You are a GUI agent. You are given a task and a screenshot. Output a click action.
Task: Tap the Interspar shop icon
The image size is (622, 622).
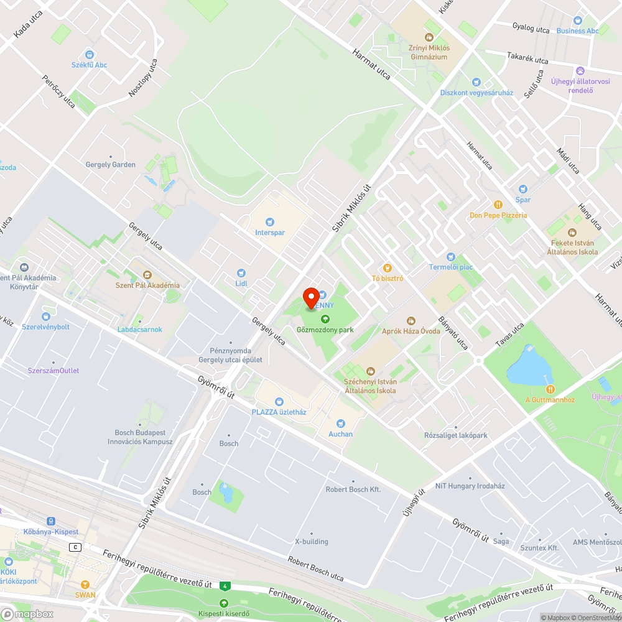[x=269, y=221]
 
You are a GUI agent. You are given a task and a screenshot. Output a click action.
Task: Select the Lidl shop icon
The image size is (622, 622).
[x=241, y=272]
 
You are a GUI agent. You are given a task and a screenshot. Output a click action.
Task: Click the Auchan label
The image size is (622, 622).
[x=340, y=434]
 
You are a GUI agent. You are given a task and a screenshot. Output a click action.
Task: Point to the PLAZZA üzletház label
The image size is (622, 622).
[x=279, y=412]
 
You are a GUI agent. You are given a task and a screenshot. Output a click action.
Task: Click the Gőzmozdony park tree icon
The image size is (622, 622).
[x=325, y=319]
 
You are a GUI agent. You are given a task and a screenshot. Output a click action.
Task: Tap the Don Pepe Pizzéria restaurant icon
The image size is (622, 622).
[x=498, y=205]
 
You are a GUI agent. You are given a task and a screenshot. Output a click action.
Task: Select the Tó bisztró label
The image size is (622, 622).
[x=388, y=278]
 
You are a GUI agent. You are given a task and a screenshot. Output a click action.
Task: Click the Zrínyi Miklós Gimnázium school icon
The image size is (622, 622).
[x=429, y=37]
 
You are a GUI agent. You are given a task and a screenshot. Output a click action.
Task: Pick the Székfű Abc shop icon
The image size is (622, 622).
[x=89, y=54]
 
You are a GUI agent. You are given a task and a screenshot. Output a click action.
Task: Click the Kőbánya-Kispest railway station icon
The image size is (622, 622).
[x=50, y=521]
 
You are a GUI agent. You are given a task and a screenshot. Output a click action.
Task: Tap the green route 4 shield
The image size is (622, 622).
[x=225, y=585]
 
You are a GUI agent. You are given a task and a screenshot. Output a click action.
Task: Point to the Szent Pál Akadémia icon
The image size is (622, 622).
[x=147, y=275]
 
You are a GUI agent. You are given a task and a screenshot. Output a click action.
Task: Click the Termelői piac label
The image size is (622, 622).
[x=451, y=267]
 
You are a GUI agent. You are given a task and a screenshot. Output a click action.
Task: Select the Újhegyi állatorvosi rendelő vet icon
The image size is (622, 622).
[x=580, y=70]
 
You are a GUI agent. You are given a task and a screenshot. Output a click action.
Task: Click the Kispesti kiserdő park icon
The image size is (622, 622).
[x=223, y=603]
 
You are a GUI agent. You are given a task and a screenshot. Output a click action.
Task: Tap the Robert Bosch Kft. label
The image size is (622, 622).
[x=353, y=490]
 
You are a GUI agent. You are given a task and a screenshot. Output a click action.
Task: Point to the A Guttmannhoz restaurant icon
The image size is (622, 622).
[x=532, y=389]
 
